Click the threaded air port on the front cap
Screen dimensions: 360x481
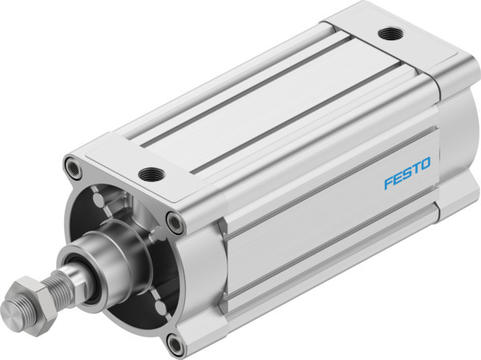coord(148,172)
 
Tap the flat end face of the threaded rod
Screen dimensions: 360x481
coord(11,309)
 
